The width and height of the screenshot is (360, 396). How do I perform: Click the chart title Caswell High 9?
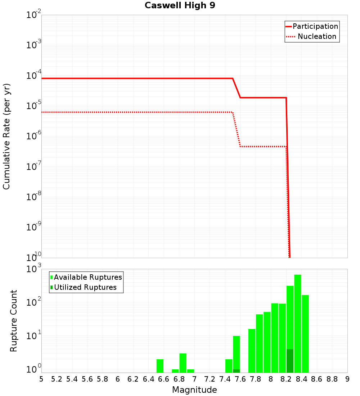click(x=180, y=6)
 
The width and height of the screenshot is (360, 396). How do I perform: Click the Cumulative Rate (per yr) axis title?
click(x=6, y=136)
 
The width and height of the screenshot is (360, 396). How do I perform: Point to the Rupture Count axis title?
click(x=14, y=321)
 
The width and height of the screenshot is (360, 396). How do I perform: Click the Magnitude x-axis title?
click(x=194, y=390)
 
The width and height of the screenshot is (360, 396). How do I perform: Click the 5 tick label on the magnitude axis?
click(x=41, y=379)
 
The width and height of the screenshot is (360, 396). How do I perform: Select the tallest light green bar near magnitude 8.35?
click(x=298, y=324)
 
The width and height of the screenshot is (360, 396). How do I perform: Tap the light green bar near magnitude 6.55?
click(x=160, y=366)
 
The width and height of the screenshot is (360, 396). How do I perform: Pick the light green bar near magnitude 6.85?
click(x=183, y=363)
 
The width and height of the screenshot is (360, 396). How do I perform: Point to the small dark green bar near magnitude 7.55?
click(x=237, y=371)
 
